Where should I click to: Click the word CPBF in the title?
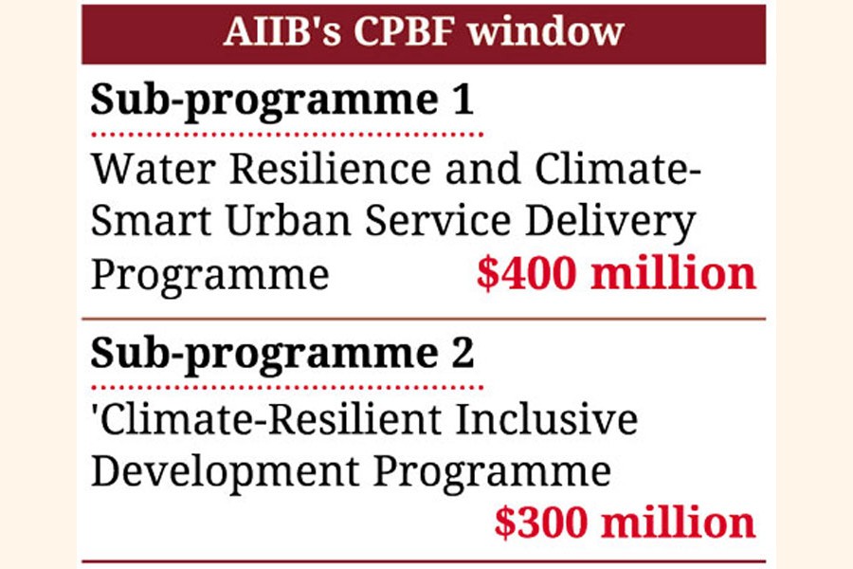[404, 31]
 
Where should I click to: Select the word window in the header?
[546, 31]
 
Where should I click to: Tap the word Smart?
[151, 221]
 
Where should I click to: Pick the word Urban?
[288, 221]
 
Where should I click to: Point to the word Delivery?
[610, 224]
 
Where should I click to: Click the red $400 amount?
[526, 273]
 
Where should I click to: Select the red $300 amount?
[542, 523]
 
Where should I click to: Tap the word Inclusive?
[546, 420]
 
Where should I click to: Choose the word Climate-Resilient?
[270, 420]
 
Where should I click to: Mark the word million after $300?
[679, 523]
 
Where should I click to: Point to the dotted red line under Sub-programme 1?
[287, 135]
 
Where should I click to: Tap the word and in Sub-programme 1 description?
[483, 169]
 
